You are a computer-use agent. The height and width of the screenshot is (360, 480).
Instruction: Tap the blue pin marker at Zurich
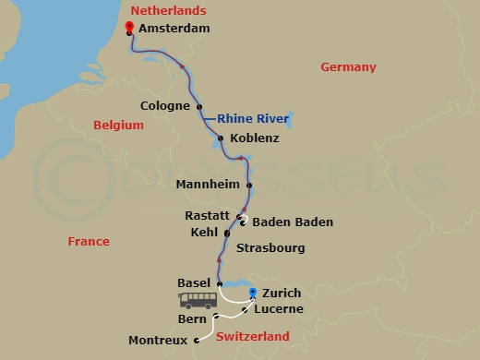(253, 293)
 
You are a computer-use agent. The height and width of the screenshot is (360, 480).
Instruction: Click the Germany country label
(348, 67)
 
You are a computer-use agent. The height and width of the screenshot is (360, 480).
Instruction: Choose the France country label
(89, 242)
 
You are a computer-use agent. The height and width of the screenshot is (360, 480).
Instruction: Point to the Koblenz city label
(254, 138)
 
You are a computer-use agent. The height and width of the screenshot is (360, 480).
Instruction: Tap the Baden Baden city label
(292, 222)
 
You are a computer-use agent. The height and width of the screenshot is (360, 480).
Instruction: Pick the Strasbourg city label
(270, 248)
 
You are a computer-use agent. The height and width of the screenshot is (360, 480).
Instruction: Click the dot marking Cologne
(199, 106)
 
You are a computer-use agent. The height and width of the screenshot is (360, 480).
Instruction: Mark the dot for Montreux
(197, 341)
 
